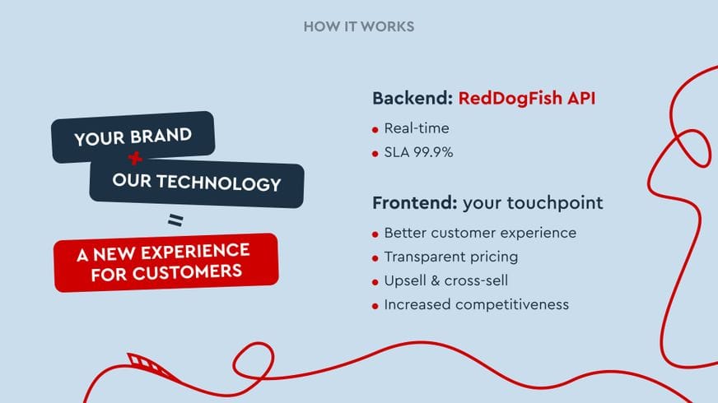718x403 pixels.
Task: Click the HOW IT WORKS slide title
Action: pos(358,26)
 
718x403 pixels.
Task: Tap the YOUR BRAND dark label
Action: pos(133,137)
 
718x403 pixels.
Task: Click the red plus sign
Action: pos(135,158)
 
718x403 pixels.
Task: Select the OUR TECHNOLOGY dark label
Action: pos(197,183)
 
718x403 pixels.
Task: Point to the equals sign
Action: pos(175,220)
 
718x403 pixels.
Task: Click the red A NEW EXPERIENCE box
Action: pos(166,262)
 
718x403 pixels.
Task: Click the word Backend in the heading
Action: pos(413,99)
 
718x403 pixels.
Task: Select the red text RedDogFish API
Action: pos(527,99)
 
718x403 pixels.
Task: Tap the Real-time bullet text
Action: pos(417,128)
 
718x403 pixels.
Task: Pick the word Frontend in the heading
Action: pos(414,202)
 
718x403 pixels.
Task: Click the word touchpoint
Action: pos(555,203)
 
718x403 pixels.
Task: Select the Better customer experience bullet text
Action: pos(480,233)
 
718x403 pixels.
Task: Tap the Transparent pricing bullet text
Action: pos(451,257)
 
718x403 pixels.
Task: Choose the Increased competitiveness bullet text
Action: pos(476,304)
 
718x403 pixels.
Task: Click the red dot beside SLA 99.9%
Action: pos(375,154)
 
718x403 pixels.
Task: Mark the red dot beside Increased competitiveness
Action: pos(375,306)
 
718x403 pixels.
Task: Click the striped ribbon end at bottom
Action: pos(147,364)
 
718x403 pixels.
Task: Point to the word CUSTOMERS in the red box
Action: pos(187,272)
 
